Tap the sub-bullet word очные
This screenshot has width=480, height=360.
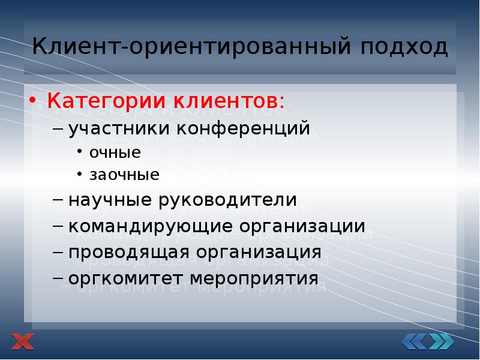[115, 152]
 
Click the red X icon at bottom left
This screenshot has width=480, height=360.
[23, 342]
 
